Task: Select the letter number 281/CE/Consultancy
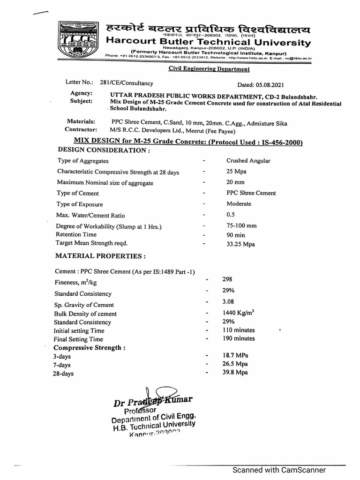(x=127, y=83)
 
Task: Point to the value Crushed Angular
(x=248, y=161)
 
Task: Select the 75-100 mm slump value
(x=241, y=225)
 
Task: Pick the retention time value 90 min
(x=236, y=234)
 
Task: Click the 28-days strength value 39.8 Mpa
(x=235, y=372)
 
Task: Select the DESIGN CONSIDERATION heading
(x=104, y=150)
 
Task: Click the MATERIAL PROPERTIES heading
(x=100, y=256)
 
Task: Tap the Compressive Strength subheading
(x=90, y=348)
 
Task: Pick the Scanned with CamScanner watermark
(x=280, y=470)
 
